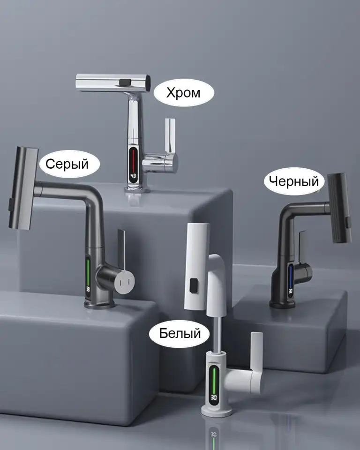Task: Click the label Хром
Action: point(183,93)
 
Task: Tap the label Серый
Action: point(67,164)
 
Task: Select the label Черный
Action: point(294,181)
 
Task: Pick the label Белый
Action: point(180,333)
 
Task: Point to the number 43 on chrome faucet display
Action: point(133,176)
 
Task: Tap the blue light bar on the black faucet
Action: point(291,276)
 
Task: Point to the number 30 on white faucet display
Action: point(214,397)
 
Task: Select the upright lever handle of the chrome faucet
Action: point(170,135)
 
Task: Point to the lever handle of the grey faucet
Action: point(121,248)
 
